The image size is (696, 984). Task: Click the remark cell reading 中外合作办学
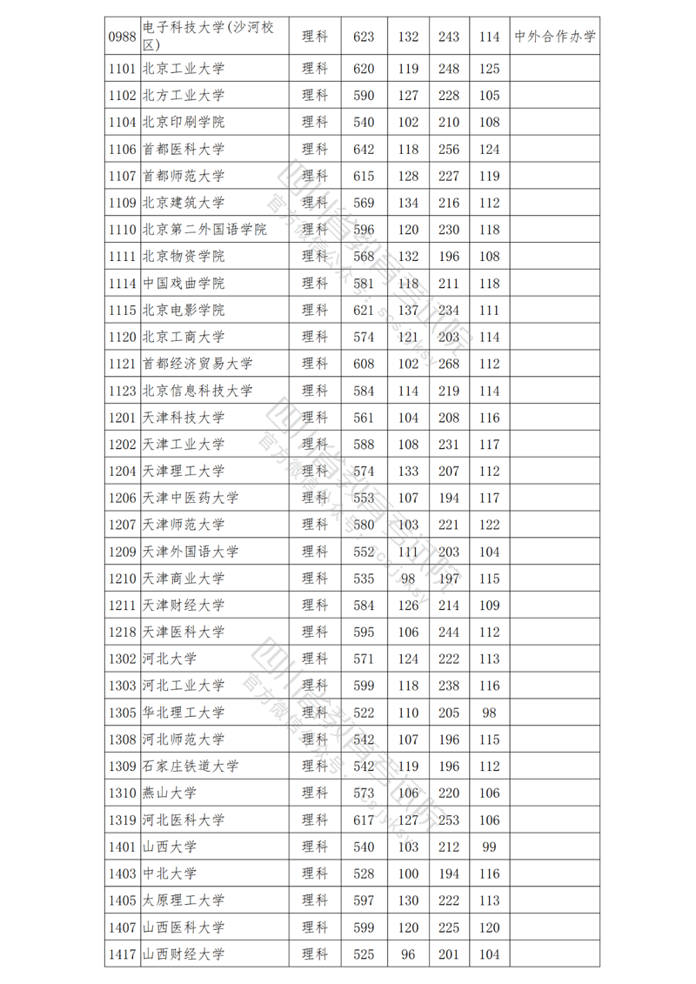click(555, 37)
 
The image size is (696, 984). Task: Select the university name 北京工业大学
click(183, 69)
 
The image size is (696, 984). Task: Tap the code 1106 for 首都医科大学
click(123, 150)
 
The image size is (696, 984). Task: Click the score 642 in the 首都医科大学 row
click(364, 150)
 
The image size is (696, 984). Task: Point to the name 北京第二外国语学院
click(204, 230)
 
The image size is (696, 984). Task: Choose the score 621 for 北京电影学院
click(364, 310)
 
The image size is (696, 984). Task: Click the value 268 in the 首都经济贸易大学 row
click(448, 364)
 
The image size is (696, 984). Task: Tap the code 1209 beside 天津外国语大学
click(123, 552)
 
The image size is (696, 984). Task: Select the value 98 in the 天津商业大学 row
click(408, 579)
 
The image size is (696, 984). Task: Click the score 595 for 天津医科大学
click(364, 632)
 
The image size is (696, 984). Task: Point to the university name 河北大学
click(169, 659)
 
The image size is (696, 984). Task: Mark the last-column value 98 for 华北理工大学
click(490, 713)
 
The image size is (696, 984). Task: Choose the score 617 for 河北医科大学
click(364, 820)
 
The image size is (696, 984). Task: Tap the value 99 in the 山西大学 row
click(490, 847)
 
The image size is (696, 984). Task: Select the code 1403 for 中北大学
click(123, 874)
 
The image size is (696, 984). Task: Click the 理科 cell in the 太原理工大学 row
click(314, 900)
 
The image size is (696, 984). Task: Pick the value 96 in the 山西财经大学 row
click(408, 954)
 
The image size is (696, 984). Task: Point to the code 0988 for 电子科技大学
click(123, 37)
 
